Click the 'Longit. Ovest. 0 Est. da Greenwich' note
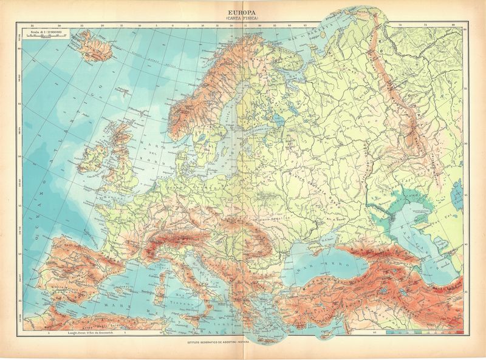[79, 333]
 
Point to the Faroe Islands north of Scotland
[123, 93]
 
